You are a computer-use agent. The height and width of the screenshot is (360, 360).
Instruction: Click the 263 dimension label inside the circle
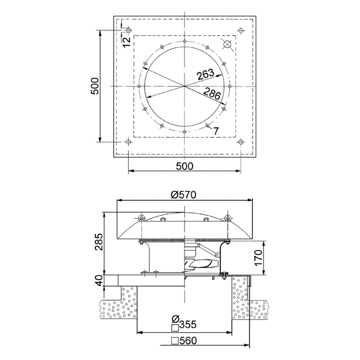205,74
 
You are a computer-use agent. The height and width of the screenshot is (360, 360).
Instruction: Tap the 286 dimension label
212,93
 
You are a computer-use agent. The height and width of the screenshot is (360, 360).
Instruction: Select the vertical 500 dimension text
95,86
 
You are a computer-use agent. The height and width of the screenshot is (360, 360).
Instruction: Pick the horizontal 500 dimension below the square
184,166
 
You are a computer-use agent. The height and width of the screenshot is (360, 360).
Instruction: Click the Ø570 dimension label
184,195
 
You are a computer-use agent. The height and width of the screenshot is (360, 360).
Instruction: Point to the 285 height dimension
99,242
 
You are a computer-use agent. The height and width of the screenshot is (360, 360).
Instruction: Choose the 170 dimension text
258,258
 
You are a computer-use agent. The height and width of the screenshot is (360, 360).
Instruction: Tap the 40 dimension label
99,280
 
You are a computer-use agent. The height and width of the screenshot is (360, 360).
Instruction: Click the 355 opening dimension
188,325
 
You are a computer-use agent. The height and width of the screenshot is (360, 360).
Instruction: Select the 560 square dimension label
188,340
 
